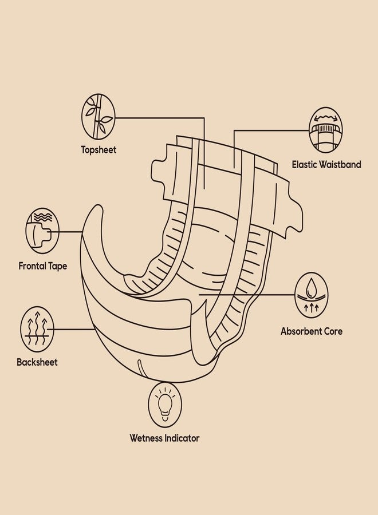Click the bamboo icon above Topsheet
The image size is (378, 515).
pos(98,116)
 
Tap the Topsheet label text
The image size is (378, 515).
pos(99,150)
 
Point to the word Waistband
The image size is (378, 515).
pos(341,165)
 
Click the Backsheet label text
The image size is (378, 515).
pos(37,362)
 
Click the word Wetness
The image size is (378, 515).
pos(146,438)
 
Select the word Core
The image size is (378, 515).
pos(333,331)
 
